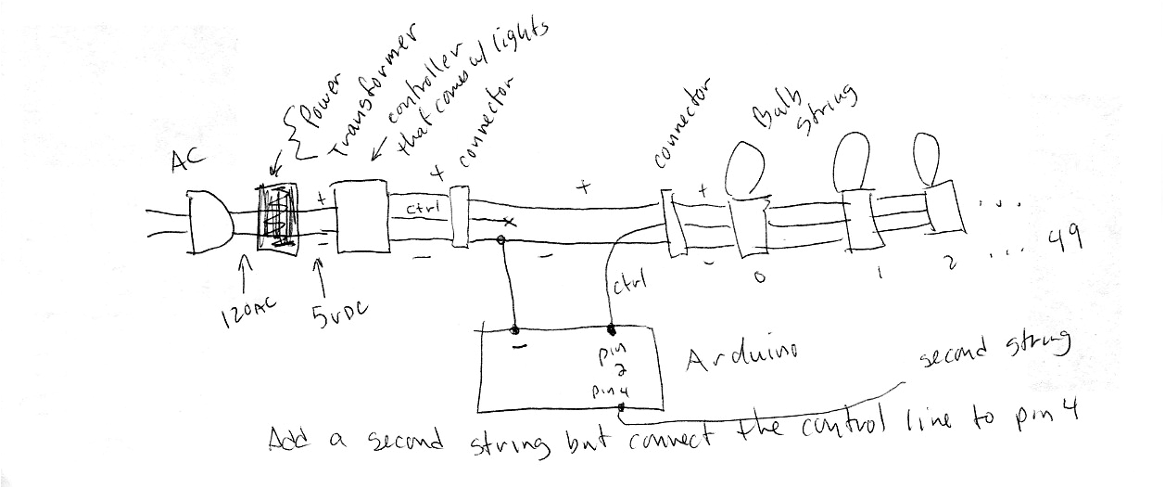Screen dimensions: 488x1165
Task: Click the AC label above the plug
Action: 188,164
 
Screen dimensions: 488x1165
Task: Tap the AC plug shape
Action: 209,224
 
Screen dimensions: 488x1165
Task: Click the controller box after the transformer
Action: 361,216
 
